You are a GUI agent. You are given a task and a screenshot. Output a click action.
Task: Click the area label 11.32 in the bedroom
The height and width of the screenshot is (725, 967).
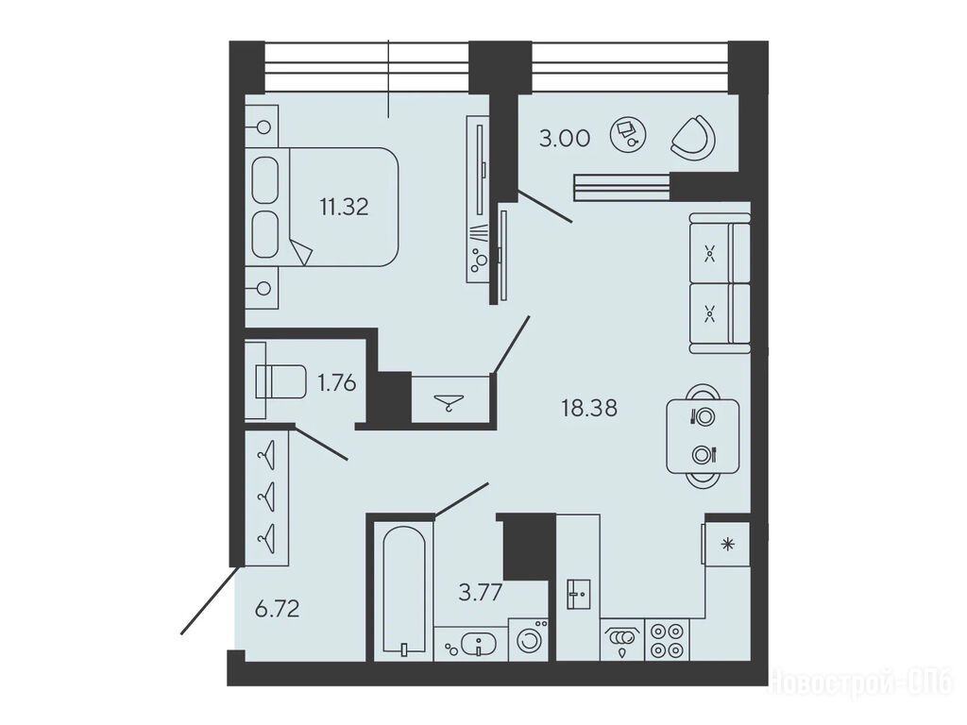tap(344, 207)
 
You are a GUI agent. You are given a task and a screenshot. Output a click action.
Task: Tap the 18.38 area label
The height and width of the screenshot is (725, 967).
tap(589, 408)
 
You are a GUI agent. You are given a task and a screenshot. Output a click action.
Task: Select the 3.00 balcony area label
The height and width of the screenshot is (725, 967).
tap(565, 138)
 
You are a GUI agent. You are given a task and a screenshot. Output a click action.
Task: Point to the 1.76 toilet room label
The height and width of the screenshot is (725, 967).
tap(337, 383)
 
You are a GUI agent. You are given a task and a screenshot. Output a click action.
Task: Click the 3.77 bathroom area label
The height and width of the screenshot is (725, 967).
tap(481, 593)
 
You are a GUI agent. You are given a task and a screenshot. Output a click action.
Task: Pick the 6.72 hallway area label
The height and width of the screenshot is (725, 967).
tap(278, 609)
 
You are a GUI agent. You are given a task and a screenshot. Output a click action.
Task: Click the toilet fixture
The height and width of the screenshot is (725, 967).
tap(280, 381)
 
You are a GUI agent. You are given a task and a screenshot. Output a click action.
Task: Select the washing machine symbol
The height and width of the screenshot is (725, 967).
tap(529, 640)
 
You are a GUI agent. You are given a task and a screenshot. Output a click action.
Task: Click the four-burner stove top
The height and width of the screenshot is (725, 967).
tap(668, 640)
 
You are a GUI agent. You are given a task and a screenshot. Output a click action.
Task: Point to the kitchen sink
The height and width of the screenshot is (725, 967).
tap(579, 595)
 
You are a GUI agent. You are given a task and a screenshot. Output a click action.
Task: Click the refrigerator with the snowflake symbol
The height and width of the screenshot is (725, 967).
tap(728, 545)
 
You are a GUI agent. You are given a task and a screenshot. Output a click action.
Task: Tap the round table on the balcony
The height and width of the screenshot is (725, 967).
tap(628, 134)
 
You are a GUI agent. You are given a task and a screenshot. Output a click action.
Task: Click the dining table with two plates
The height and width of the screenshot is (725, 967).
tap(703, 436)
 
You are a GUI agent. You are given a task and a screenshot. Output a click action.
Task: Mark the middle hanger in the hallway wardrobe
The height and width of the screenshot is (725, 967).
tap(266, 495)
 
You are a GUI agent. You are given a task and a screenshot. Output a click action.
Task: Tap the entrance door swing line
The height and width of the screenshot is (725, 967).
tap(210, 599)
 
